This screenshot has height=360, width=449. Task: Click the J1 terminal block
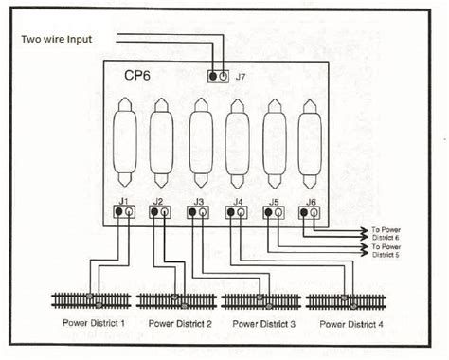[x=123, y=212]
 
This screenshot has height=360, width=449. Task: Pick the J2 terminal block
[x=159, y=213]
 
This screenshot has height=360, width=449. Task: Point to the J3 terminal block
[x=197, y=213]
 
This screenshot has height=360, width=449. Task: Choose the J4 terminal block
[x=236, y=213]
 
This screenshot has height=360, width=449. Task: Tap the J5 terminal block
[x=273, y=213]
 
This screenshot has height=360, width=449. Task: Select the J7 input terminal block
[x=219, y=75]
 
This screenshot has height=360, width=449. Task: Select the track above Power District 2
[x=176, y=300]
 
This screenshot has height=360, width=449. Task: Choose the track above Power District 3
[x=260, y=300]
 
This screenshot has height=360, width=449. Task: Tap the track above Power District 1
[x=91, y=300]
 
